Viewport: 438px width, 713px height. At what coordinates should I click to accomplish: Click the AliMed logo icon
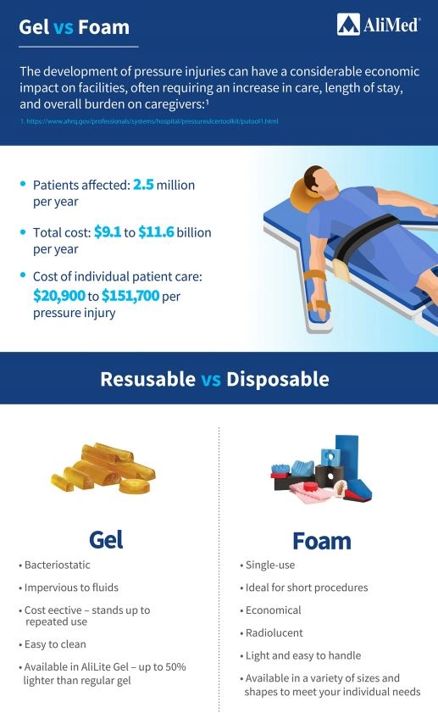348,25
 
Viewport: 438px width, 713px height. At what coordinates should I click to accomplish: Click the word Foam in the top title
103,27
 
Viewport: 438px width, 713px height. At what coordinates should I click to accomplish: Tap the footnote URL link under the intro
148,121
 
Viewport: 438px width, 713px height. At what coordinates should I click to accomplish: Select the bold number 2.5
143,185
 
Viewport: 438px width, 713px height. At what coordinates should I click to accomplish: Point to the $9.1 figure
108,232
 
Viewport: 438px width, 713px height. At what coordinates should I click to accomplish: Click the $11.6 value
156,232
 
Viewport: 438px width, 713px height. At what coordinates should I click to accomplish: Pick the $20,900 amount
59,296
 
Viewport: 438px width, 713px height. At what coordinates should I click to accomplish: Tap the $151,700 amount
130,296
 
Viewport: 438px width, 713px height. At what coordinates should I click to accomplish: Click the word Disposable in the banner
278,379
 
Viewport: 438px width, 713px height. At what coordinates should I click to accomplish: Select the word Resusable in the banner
147,379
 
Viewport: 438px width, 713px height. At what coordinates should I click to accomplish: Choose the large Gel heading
106,540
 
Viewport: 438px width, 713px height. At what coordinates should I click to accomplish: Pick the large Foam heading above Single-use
322,541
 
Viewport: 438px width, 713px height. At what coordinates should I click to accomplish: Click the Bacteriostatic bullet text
58,565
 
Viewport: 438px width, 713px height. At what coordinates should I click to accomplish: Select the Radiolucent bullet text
274,632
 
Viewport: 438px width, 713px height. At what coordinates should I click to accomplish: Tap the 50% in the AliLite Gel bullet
175,666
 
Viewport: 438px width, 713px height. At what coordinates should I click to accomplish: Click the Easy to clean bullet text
55,644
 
